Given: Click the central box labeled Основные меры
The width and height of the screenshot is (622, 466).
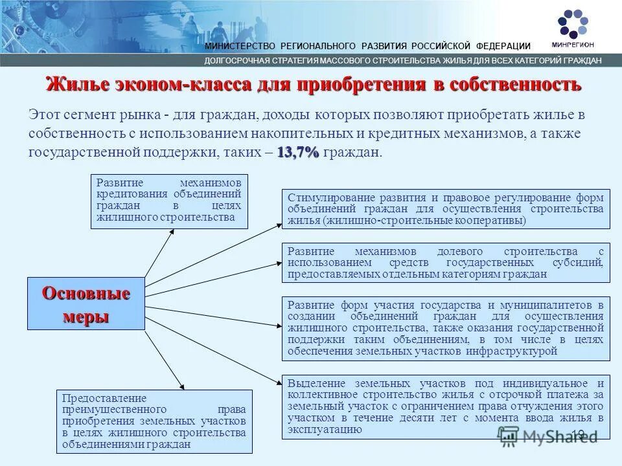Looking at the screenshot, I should click(86, 304).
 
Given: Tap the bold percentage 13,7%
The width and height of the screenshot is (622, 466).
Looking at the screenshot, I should click(298, 152).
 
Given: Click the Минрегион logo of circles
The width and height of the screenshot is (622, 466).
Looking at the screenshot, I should click(572, 23).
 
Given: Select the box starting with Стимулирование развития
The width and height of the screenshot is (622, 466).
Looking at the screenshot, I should click(446, 209).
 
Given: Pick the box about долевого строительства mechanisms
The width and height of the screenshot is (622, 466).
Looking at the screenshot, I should click(446, 263).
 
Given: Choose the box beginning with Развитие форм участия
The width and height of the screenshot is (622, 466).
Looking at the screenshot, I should click(446, 328).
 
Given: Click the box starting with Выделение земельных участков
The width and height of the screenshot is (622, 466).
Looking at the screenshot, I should click(446, 406).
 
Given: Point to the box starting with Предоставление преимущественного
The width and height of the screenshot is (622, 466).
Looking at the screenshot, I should click(154, 421).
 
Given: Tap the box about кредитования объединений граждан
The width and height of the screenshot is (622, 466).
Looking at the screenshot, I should click(169, 201).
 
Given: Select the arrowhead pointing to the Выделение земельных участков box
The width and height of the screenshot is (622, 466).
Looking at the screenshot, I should click(279, 384).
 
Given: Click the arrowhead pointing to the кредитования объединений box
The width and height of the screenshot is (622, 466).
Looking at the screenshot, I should click(173, 232).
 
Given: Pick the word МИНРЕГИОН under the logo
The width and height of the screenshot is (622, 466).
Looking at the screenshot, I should click(572, 45).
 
